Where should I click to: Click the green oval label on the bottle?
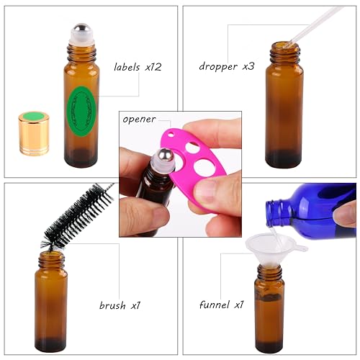click(81, 109)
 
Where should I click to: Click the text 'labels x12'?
click(138, 67)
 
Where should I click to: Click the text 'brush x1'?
click(120, 305)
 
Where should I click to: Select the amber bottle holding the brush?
click(50, 302)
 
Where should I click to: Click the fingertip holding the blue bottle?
click(345, 215)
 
